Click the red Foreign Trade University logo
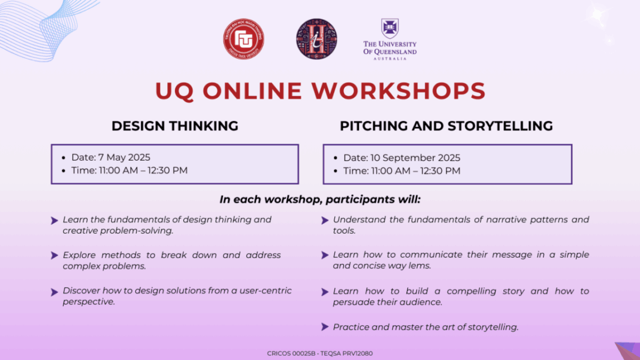coord(244,39)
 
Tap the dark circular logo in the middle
coord(316,39)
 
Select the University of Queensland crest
coord(390,28)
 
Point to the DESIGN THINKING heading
coord(175,126)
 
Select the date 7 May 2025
coord(124,158)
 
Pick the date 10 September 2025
coord(415,158)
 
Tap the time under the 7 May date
coord(143,171)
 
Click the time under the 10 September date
coord(415,171)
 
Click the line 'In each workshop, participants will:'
coord(320,199)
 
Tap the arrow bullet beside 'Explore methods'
coord(55,256)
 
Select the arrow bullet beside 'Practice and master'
coord(325,327)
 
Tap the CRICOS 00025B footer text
coord(291,353)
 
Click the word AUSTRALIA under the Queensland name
coord(390,59)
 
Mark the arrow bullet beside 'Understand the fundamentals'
coord(325,220)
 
